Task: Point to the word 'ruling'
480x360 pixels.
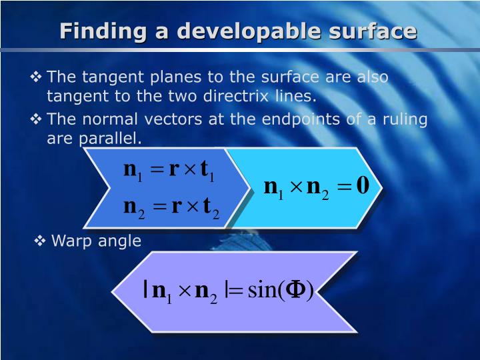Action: [x=403, y=120]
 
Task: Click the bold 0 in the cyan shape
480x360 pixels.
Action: [x=363, y=185]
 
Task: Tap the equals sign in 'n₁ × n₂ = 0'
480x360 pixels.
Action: [x=342, y=187]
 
